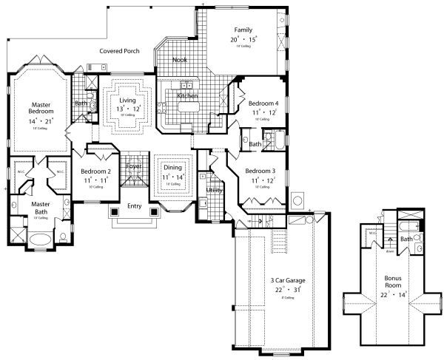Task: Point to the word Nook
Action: click(180, 60)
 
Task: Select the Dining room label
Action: click(172, 168)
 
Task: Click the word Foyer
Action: click(133, 166)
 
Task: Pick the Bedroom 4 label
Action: click(263, 103)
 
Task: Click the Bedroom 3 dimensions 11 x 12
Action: click(262, 180)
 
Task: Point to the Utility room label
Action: click(215, 190)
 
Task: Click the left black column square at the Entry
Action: click(114, 212)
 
